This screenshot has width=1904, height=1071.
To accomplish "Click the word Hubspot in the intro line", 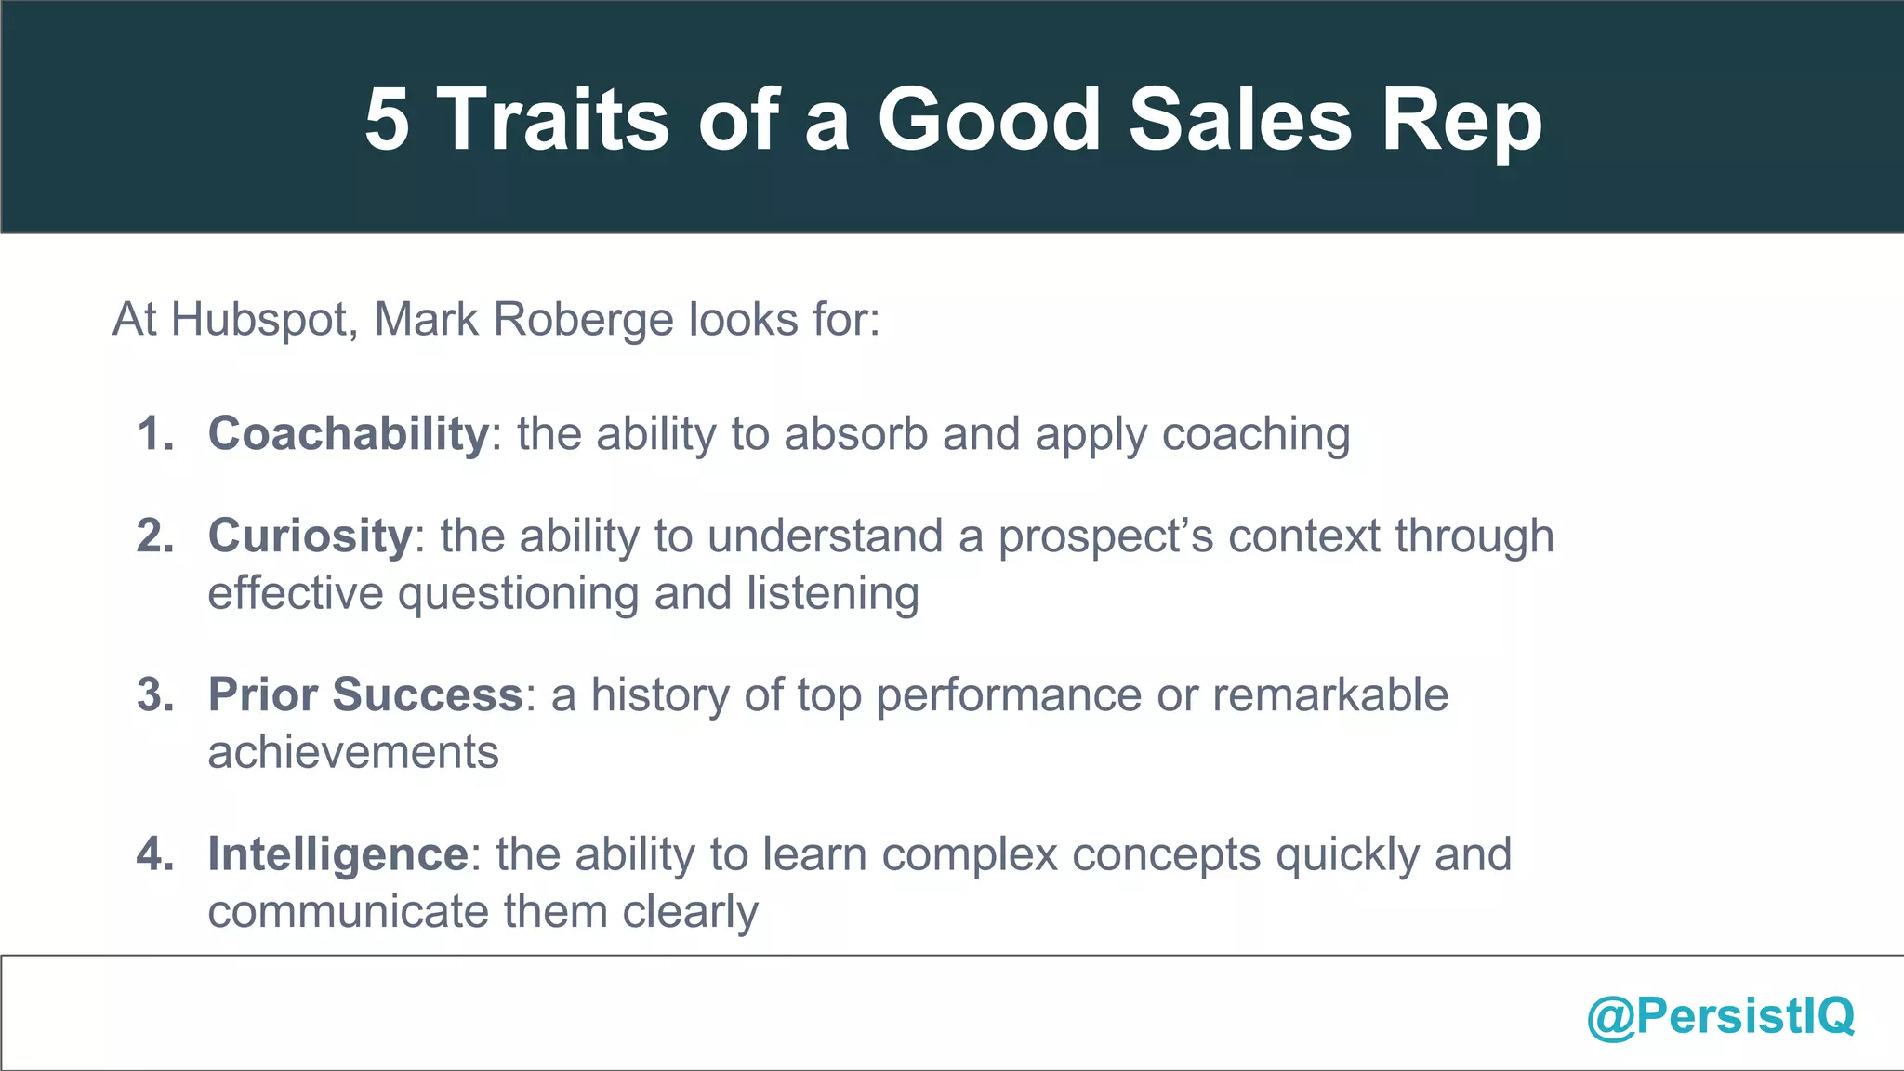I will point(264,320).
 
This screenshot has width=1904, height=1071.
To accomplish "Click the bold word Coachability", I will point(348,434).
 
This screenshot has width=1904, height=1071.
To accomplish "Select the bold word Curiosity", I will point(310,536).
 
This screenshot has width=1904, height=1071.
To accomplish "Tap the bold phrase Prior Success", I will point(365,694).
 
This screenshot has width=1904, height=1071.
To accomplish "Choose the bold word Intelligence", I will point(337,854).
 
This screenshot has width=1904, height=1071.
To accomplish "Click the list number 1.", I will point(154,434).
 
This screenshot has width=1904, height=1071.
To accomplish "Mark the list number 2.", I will point(154,536).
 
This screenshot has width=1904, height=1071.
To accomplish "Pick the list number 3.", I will point(154,694).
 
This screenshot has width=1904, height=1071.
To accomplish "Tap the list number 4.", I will point(154,854).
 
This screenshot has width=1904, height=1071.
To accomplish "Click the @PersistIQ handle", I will point(1720,1015).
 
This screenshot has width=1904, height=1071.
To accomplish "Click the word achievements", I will point(353,752).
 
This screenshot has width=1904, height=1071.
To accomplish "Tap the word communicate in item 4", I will point(348,911).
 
